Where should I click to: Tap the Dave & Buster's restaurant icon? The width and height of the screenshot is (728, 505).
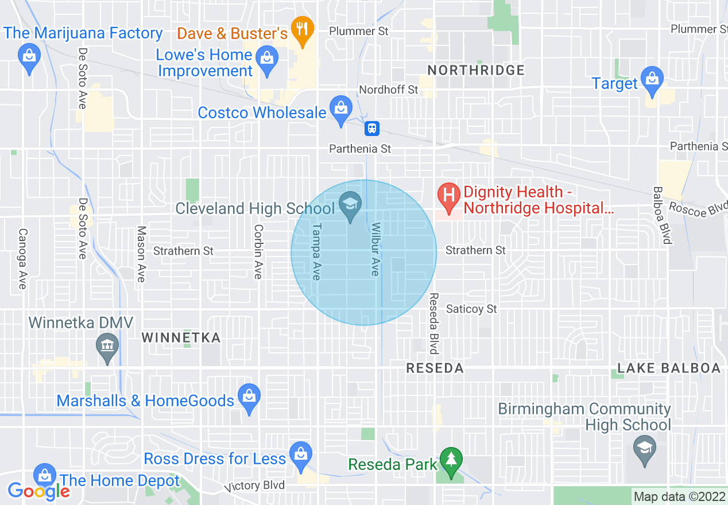tap(301, 29)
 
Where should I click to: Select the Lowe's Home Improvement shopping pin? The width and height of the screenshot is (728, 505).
tap(266, 59)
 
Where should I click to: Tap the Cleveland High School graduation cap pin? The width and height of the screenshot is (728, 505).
tap(350, 204)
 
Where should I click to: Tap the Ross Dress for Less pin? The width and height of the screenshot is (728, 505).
tap(300, 454)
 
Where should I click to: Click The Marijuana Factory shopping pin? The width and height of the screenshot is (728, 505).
tap(28, 56)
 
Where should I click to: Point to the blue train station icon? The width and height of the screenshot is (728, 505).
tap(372, 128)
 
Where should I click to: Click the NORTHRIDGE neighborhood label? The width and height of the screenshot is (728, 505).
tap(476, 70)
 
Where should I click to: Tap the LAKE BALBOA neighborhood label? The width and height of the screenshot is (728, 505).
tap(669, 368)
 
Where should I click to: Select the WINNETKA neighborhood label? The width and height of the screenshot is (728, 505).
tap(181, 337)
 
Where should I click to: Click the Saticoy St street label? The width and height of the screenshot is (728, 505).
tap(471, 309)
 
